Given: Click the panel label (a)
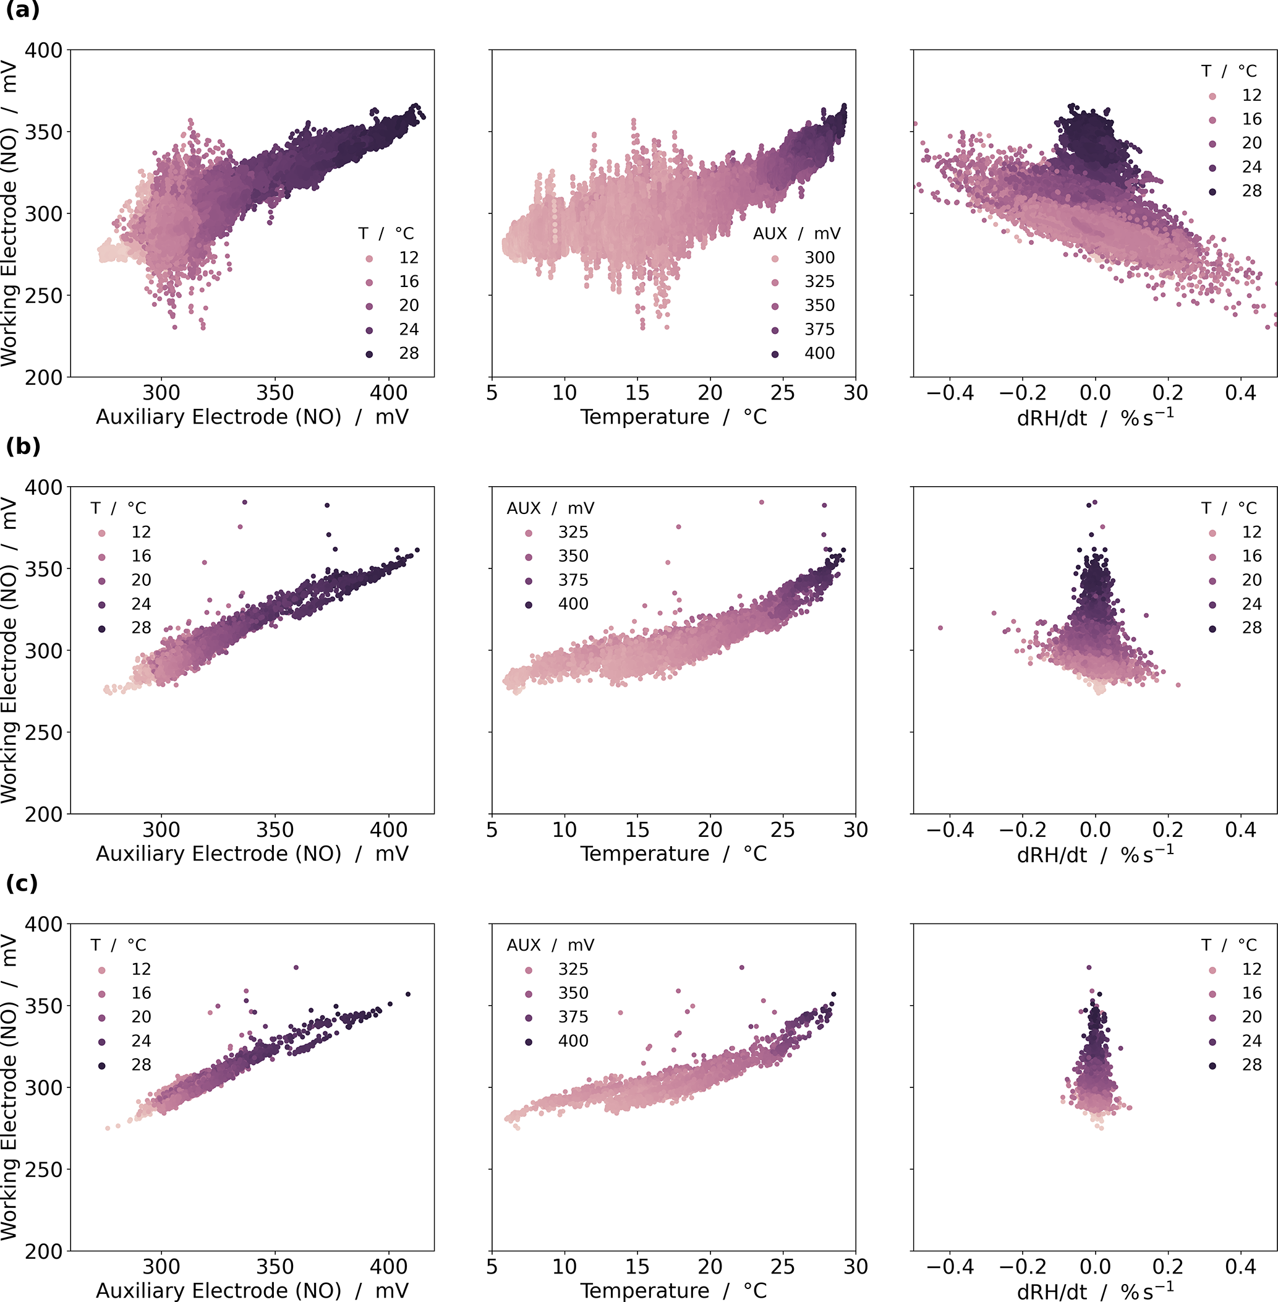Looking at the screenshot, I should coord(23,11).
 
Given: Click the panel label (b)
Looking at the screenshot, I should coord(23,447).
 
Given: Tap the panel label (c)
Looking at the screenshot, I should coord(22,884).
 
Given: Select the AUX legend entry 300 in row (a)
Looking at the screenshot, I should coord(819,258).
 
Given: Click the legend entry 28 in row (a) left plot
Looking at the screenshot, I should coord(408,353).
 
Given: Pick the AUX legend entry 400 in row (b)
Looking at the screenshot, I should coord(573,604).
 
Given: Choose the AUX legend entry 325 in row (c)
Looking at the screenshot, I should coord(573,969).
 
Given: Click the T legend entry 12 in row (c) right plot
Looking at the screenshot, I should coord(1251,969).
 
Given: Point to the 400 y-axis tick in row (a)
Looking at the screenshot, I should coord(44,50).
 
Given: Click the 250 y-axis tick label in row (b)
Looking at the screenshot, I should coord(44,732).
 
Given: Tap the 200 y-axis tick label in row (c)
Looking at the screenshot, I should coord(44,1251).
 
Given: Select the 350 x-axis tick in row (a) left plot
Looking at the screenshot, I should coord(275,393).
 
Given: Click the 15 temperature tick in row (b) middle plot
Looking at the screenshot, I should coord(637,830).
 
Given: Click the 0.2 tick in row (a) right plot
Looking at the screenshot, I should coord(1168,393).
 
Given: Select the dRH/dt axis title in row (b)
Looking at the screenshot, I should coord(1095,855).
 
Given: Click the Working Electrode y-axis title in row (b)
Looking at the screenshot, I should coord(9,650).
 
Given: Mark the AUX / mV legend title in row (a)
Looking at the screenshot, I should coord(796,234).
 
